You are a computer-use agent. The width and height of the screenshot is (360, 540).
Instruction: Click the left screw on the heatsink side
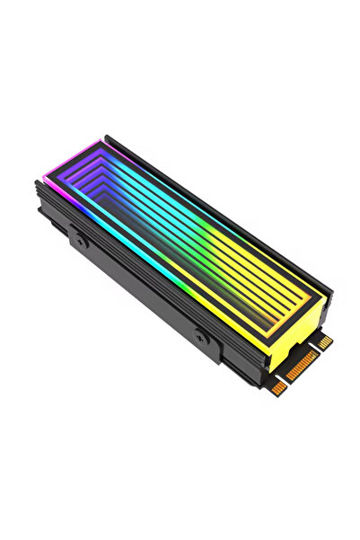coord(77,241)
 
